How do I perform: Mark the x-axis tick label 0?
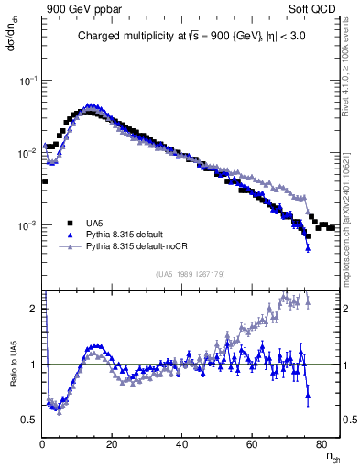(x=43, y=444)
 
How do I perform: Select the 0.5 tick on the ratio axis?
(x=30, y=420)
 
